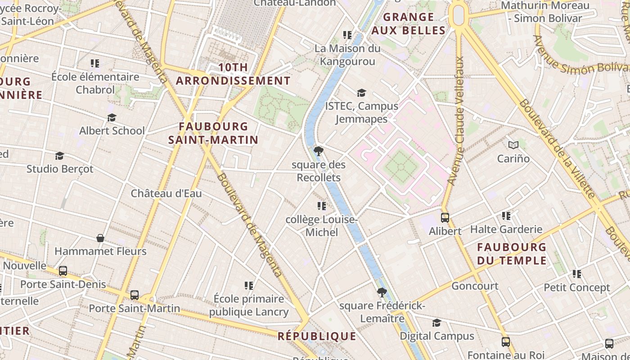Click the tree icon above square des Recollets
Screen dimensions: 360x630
click(319, 151)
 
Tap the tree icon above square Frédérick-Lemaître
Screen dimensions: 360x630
click(382, 292)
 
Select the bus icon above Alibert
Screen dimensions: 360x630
click(445, 218)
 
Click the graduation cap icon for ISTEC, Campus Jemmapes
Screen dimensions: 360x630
click(361, 93)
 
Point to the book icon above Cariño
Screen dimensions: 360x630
click(513, 145)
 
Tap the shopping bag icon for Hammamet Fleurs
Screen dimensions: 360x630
click(100, 238)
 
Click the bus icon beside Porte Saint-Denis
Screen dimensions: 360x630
click(63, 271)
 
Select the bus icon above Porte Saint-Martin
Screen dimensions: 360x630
click(135, 295)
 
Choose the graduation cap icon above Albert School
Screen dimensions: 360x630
click(112, 117)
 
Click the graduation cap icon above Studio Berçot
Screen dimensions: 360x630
click(59, 156)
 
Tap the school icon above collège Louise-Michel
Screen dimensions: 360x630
click(322, 206)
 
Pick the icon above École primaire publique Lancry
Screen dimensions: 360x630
click(249, 285)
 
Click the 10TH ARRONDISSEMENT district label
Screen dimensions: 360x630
click(233, 74)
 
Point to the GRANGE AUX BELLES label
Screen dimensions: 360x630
click(409, 24)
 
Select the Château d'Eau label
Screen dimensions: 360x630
click(166, 193)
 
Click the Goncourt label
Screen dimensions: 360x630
click(475, 286)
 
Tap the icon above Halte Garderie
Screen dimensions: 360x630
click(506, 216)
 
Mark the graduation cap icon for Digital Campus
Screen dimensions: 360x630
click(436, 323)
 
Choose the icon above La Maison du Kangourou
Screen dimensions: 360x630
click(347, 35)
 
